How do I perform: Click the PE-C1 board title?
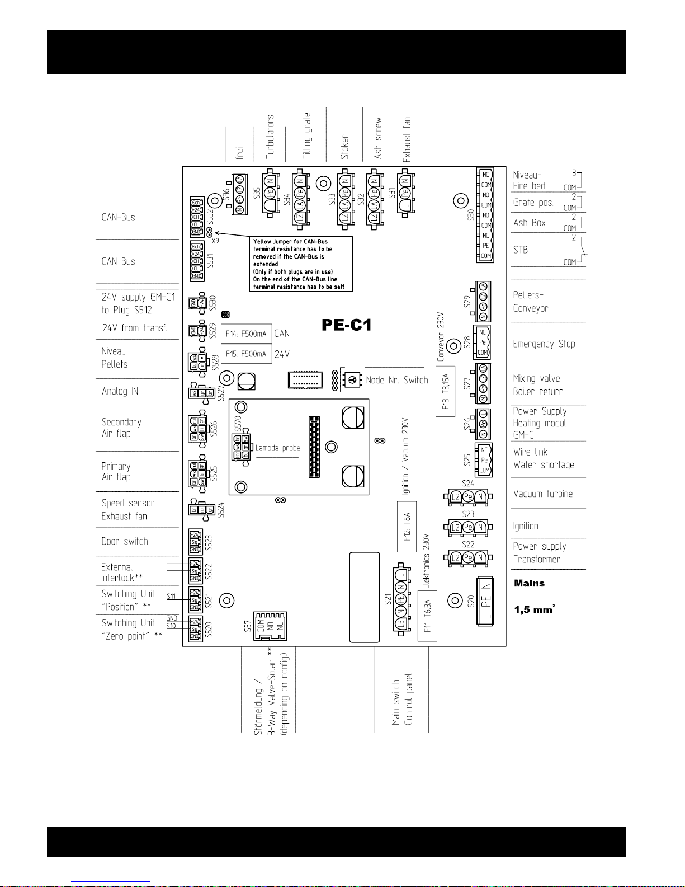point(346,325)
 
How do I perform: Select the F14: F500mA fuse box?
point(247,334)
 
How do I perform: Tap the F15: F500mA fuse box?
point(247,354)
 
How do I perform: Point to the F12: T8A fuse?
point(407,527)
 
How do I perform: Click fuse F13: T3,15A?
point(445,391)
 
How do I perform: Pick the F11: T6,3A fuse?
point(427,616)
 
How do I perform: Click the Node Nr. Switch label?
point(397,380)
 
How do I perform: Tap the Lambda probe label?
point(278,448)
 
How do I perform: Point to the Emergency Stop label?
point(544,344)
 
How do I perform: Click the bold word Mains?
point(529,583)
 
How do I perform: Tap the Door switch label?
point(125,541)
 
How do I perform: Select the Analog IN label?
point(120,391)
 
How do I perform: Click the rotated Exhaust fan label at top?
point(407,139)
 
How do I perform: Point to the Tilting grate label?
point(306,136)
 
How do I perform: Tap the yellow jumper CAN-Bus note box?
point(301,264)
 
